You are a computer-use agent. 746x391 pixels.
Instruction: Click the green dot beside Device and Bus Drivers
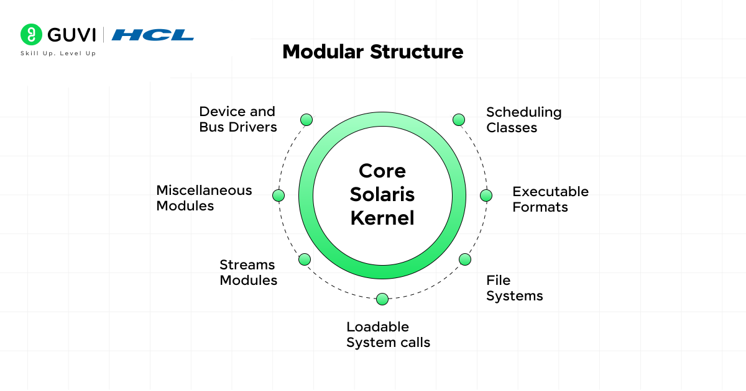306,120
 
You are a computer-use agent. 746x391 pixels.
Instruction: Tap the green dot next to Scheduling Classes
459,120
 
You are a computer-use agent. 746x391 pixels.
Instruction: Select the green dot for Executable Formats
486,195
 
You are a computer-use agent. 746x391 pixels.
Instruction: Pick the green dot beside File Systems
465,259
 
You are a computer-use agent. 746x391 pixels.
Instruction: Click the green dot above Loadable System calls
382,299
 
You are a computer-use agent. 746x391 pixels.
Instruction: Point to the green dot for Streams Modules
305,259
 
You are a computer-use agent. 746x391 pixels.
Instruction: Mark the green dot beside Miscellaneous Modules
279,195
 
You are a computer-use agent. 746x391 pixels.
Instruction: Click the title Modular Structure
373,52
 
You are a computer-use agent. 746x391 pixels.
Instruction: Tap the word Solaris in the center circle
382,194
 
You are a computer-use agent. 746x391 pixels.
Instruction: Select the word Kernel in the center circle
382,218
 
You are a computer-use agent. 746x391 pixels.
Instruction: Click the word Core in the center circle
382,171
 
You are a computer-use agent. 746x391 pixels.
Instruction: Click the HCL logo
153,35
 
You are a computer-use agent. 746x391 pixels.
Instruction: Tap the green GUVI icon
30,34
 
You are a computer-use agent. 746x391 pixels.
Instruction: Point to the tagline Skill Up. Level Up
58,53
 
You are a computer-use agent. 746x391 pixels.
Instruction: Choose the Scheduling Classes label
523,120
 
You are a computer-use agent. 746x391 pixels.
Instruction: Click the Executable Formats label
550,199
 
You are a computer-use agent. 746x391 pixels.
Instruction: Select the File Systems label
514,288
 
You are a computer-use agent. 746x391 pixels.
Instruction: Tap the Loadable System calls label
388,335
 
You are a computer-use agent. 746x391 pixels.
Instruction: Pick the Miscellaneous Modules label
204,198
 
